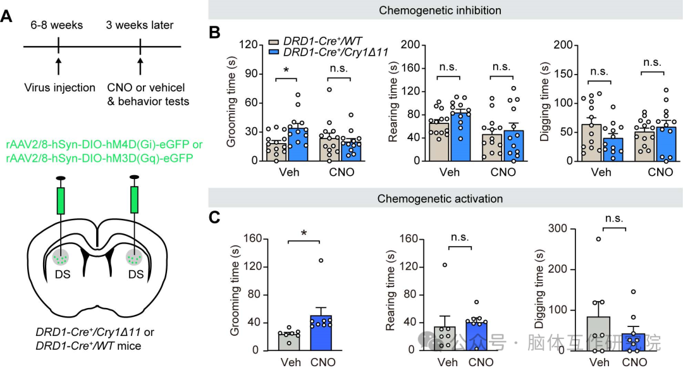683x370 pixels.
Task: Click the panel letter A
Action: (7, 16)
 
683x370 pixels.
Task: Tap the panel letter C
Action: (214, 216)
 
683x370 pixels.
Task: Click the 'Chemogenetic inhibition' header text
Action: (440, 10)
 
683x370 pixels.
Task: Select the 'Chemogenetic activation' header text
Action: (440, 199)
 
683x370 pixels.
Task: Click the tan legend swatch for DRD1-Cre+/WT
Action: (274, 42)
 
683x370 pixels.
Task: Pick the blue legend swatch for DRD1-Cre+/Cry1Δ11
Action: (274, 52)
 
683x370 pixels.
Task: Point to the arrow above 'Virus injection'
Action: (58, 66)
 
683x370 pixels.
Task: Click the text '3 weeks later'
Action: (139, 25)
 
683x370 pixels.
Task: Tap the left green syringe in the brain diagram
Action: (61, 200)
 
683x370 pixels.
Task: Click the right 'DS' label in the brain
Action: (136, 274)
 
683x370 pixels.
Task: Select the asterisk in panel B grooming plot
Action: (286, 70)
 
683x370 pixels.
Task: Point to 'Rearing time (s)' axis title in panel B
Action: (393, 102)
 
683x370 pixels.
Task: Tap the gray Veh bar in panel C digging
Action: (599, 333)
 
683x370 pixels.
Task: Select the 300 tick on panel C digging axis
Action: (557, 229)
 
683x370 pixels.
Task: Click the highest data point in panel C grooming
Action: (321, 261)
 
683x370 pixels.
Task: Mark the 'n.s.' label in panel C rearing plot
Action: (460, 238)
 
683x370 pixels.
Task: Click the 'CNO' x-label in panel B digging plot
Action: (660, 172)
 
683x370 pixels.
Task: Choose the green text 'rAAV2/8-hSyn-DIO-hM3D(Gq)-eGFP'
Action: (100, 157)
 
